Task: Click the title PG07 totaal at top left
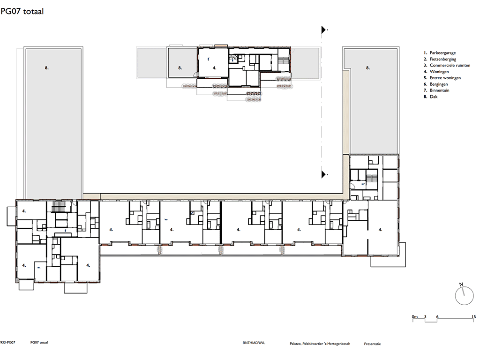coord(22,12)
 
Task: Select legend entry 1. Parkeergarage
coord(440,53)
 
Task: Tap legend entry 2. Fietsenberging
coord(440,60)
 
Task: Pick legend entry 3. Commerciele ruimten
coord(447,66)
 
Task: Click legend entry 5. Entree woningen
coord(442,78)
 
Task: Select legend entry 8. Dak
coord(430,97)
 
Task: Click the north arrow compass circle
coord(465,296)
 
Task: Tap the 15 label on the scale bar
coord(474,317)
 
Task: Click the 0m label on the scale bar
coord(415,317)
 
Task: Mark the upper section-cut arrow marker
coord(323,30)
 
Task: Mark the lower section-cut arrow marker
coord(323,174)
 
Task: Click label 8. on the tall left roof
coord(47,68)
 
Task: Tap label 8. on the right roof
coord(368,68)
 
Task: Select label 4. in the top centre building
coord(215,68)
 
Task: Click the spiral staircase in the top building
coord(233,59)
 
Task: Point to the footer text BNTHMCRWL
coord(254,343)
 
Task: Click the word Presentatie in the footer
coord(372,344)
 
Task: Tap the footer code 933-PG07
coord(7,343)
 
